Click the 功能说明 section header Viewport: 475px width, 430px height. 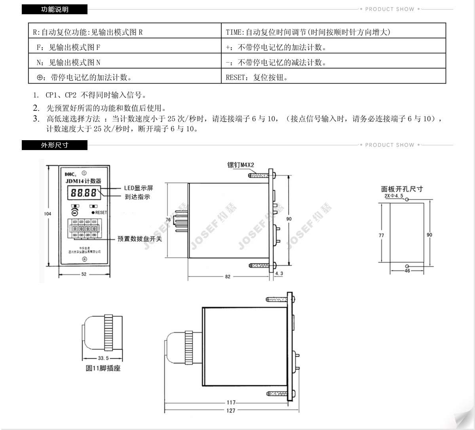click(55, 9)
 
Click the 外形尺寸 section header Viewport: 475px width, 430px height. click(55, 145)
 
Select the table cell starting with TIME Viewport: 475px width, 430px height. click(308, 32)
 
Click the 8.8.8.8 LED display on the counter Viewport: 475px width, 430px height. click(84, 193)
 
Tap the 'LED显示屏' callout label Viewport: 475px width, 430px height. click(139, 188)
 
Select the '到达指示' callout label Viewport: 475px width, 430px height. click(137, 197)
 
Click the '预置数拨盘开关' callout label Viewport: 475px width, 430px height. click(140, 239)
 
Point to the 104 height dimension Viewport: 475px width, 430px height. click(47, 214)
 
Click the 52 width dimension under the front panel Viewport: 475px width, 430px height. click(84, 274)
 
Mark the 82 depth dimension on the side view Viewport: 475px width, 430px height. click(228, 277)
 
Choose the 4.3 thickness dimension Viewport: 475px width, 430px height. click(279, 273)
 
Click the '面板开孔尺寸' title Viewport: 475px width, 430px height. click(402, 189)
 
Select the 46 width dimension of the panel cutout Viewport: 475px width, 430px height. click(407, 271)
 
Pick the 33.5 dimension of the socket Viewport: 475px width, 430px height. click(103, 358)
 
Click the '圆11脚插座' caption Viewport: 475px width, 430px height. click(103, 368)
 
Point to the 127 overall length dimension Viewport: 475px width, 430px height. click(231, 410)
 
